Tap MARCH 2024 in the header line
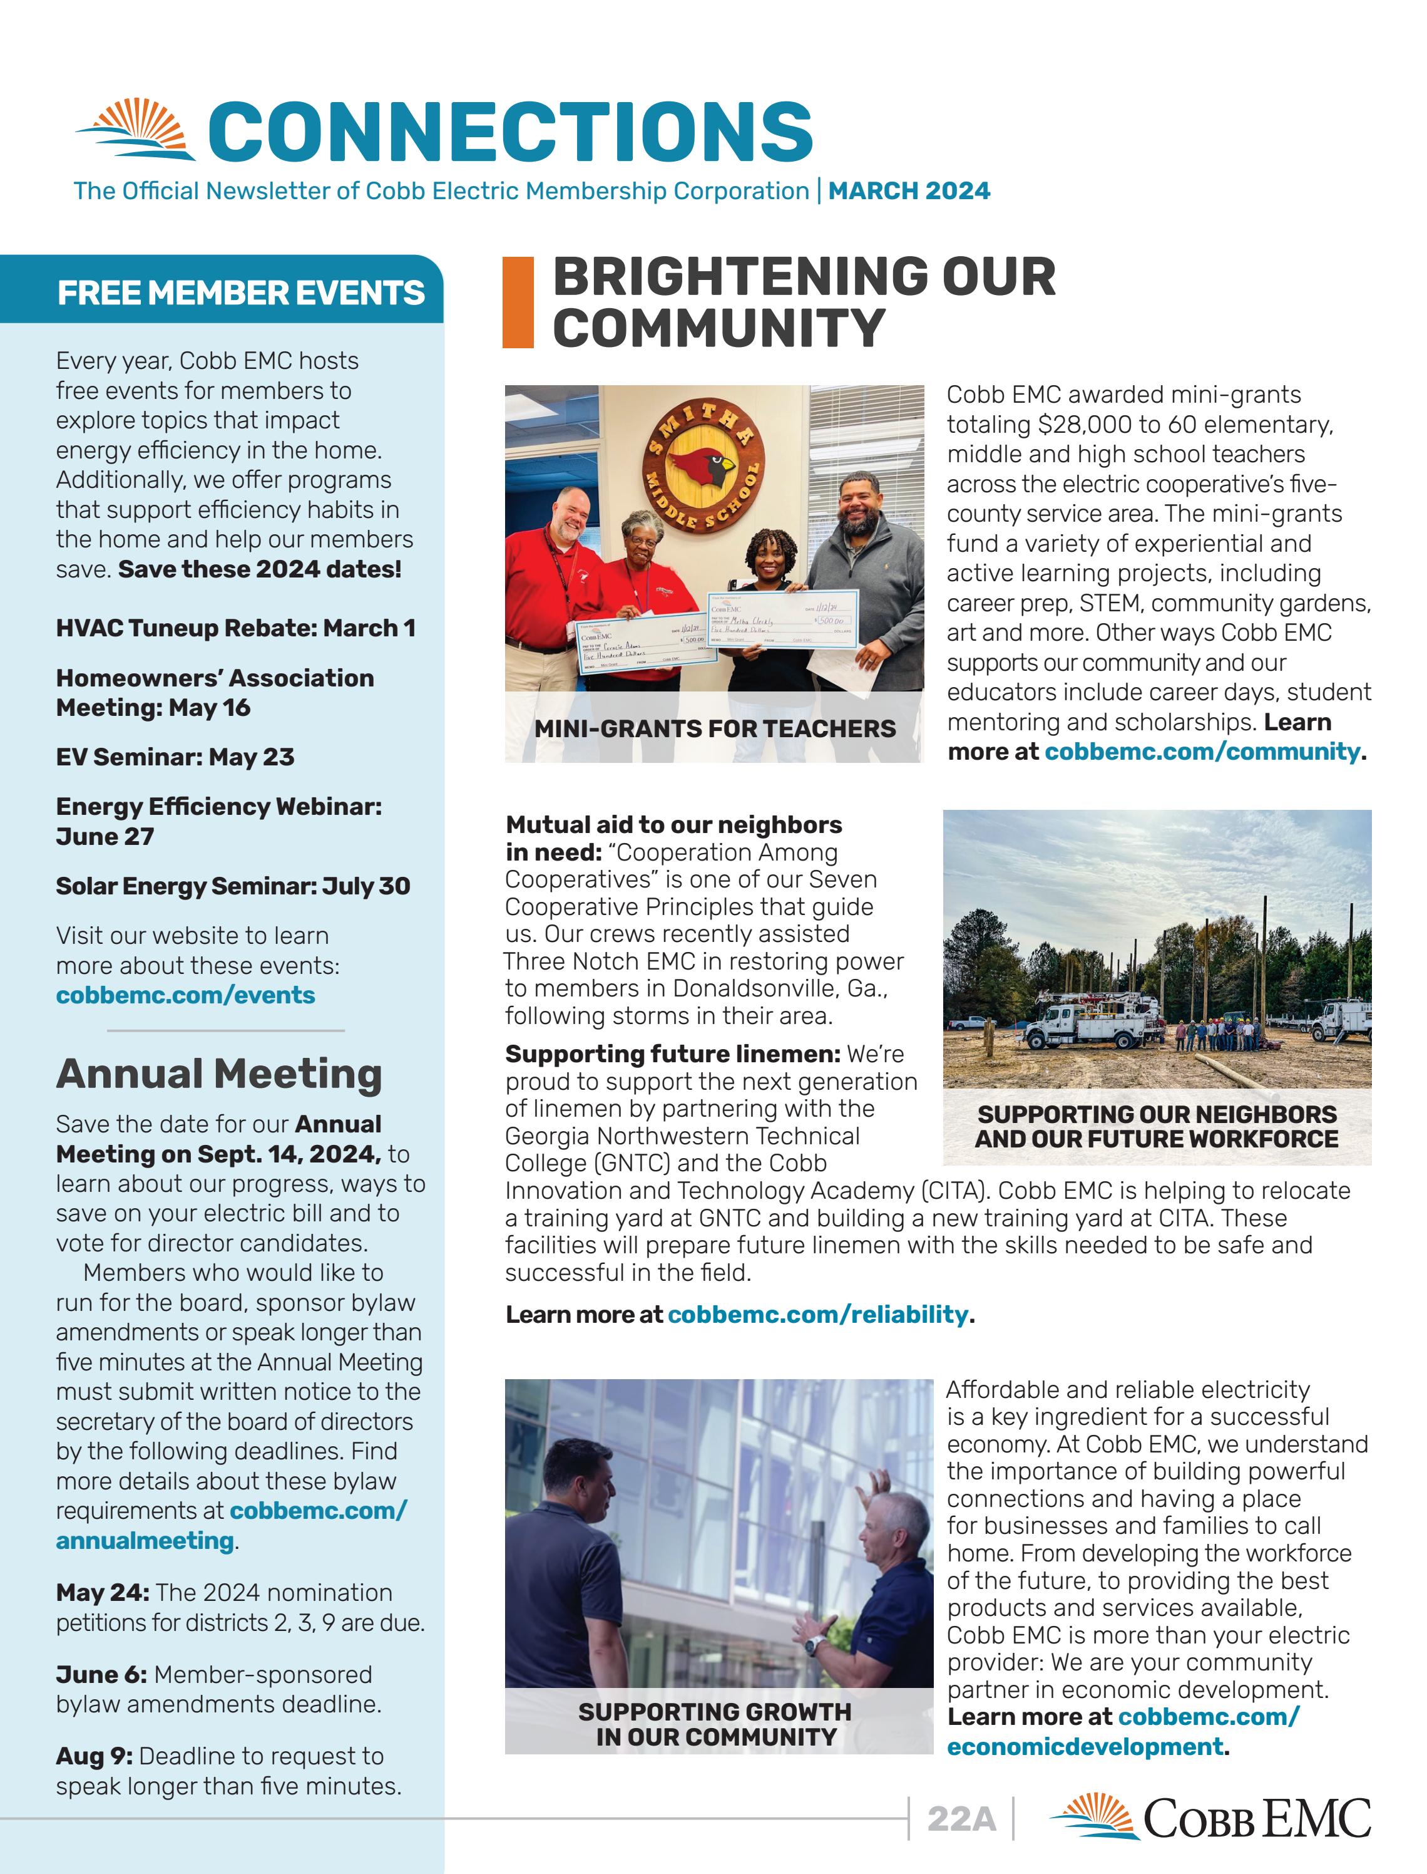[909, 190]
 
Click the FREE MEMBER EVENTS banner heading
[240, 293]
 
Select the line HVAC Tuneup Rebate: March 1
[235, 628]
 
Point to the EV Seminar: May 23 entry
[175, 757]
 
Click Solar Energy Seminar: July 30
[233, 886]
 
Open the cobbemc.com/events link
[185, 995]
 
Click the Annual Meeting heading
[219, 1074]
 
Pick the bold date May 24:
[102, 1593]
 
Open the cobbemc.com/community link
[1201, 752]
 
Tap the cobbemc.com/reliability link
[817, 1315]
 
